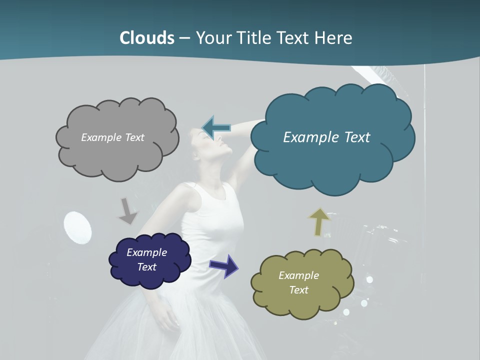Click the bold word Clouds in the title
[x=146, y=37]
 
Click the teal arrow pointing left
[x=216, y=128]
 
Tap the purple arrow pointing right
[x=224, y=265]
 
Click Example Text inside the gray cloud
[x=112, y=137]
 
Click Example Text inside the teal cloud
[x=326, y=137]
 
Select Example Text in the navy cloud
[x=146, y=259]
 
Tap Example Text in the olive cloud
[x=298, y=282]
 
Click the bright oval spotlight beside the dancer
[x=78, y=228]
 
